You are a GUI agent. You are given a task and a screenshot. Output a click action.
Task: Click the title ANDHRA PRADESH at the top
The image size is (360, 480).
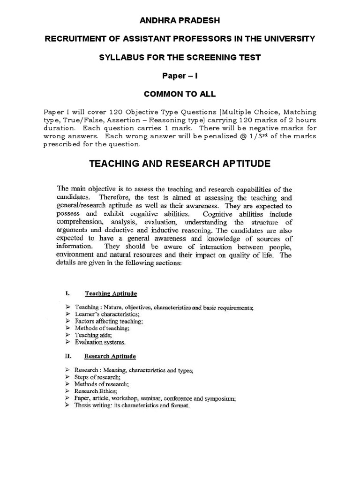click(180, 21)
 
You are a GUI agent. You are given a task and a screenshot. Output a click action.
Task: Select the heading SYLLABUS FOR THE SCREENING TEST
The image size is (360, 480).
click(180, 57)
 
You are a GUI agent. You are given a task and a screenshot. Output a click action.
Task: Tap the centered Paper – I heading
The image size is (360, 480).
click(180, 75)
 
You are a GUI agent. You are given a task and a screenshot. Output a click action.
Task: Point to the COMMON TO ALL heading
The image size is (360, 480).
click(180, 94)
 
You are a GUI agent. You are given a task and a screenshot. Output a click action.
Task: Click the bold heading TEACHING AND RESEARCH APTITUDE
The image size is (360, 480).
click(180, 164)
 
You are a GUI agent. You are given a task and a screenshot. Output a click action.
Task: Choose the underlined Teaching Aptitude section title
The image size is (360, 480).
click(111, 294)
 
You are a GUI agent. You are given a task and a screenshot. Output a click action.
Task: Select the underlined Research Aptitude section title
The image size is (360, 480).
click(110, 357)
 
